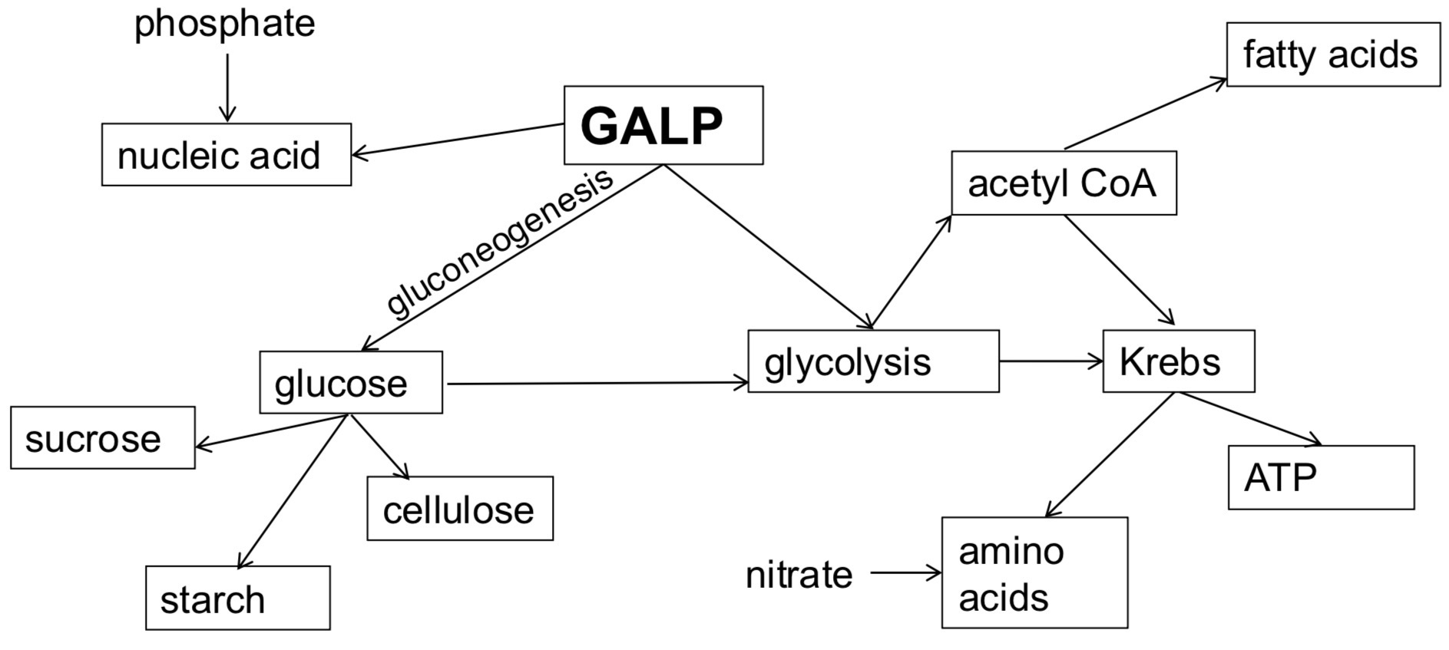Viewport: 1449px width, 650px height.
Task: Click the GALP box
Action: [663, 125]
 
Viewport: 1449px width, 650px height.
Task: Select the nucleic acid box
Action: [227, 154]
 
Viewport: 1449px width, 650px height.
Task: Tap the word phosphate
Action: [225, 23]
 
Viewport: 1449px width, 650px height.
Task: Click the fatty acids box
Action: [1333, 54]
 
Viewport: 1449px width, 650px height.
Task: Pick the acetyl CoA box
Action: [1064, 183]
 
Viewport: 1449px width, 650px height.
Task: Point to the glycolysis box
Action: [873, 361]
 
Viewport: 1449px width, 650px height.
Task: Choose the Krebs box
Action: [1178, 361]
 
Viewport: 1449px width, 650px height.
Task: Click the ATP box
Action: [1321, 477]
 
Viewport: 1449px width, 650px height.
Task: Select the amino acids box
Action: [1034, 572]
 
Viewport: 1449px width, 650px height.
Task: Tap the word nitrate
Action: [799, 574]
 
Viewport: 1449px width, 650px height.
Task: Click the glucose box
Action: [351, 382]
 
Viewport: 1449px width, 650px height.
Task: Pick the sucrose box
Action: [102, 437]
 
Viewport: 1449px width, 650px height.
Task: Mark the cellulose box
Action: [460, 509]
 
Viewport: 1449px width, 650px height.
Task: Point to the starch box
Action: [238, 598]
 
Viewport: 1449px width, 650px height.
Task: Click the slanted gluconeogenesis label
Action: [499, 241]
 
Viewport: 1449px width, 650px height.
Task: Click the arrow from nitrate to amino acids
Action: [906, 572]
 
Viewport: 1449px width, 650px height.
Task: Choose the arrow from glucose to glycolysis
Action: [595, 382]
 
